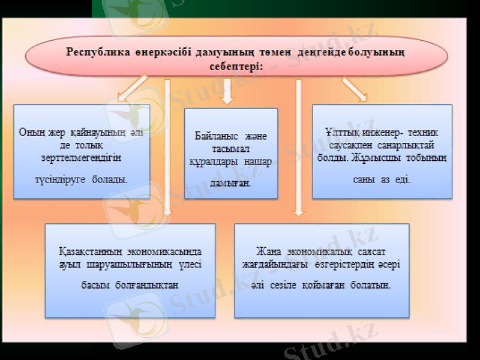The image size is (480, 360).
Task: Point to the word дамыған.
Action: click(231, 182)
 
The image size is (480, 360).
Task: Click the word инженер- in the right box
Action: click(385, 131)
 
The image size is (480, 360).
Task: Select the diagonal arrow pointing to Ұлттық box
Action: click(354, 88)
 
